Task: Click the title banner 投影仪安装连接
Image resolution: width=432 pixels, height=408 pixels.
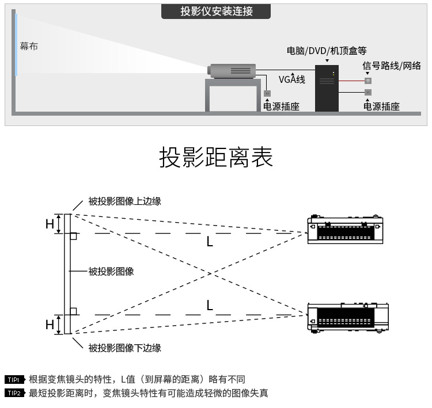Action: (216, 12)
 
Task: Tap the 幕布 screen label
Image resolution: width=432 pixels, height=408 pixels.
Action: (29, 46)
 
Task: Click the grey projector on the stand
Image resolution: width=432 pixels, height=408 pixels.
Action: (232, 71)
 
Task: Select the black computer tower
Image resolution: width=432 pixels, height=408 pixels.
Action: (327, 88)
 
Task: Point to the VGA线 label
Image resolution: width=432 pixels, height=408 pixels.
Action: (292, 79)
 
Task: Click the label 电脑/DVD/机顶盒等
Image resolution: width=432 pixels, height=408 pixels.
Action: (327, 51)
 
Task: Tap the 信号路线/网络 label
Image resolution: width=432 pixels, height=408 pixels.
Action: (392, 66)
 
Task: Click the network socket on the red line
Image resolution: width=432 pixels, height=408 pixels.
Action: (368, 81)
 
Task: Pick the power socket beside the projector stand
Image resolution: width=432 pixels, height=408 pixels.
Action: (267, 93)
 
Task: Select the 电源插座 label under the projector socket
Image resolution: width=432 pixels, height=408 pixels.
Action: (281, 106)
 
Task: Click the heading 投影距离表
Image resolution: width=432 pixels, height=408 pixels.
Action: (216, 157)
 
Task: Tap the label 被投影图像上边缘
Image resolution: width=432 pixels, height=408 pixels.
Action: (124, 201)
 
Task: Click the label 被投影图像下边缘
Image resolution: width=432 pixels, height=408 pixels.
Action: (124, 348)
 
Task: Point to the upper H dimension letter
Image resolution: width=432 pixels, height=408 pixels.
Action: (50, 224)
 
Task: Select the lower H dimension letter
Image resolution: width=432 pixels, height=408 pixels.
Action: (50, 325)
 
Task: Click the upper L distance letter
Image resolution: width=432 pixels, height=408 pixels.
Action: (210, 242)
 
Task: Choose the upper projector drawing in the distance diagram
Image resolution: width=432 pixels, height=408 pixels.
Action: (345, 229)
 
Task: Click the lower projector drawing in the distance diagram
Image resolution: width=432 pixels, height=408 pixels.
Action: (348, 318)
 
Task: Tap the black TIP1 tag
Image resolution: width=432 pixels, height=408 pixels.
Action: (15, 380)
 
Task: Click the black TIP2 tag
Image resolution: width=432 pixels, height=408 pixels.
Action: (15, 393)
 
